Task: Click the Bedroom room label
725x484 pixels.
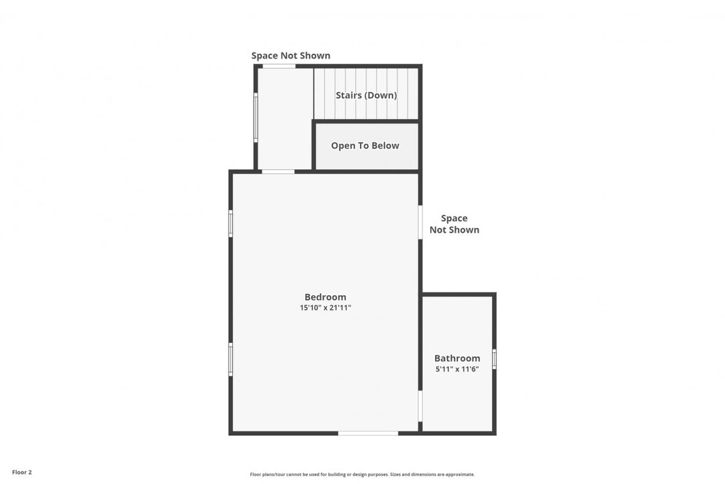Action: [x=325, y=297]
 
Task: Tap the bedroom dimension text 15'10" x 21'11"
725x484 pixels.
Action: [x=325, y=308]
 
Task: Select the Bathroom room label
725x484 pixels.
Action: [x=457, y=358]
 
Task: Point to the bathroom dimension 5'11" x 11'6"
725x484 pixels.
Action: [x=457, y=369]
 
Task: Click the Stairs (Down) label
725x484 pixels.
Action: [x=366, y=95]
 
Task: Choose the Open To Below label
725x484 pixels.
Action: [x=365, y=146]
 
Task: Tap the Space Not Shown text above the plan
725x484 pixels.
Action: [x=291, y=56]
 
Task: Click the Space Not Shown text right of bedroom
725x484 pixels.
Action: [x=454, y=224]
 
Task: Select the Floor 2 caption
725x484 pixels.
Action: [x=21, y=473]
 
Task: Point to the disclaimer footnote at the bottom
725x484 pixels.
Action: [x=362, y=475]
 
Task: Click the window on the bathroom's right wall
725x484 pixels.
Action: [x=494, y=359]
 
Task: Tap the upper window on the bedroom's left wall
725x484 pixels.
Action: [x=230, y=223]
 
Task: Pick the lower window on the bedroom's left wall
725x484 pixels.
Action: [x=230, y=360]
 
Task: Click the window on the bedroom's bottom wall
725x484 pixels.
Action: [x=368, y=433]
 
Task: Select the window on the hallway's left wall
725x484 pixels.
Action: [x=256, y=118]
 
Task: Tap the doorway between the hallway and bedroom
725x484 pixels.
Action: [x=278, y=172]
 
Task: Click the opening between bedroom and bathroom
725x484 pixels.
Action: [x=420, y=406]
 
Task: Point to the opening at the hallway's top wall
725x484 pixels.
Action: [x=279, y=66]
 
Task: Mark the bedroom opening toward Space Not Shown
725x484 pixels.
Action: [x=420, y=223]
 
